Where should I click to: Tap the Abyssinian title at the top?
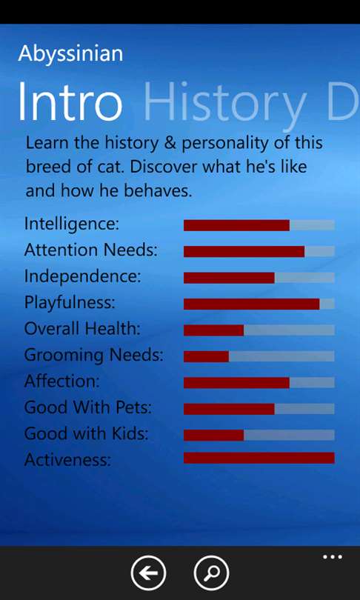click(70, 54)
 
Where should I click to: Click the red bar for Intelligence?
click(236, 225)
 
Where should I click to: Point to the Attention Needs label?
click(90, 250)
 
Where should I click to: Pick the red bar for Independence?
click(229, 278)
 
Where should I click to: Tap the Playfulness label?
click(70, 303)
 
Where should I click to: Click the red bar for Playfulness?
click(251, 304)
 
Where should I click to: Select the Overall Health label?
click(82, 328)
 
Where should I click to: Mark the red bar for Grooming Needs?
click(206, 356)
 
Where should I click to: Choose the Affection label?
click(61, 381)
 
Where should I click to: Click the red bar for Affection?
click(236, 383)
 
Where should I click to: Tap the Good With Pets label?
click(87, 407)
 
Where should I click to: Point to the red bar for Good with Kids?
click(213, 435)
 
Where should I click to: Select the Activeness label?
click(67, 459)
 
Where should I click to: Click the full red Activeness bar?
click(259, 458)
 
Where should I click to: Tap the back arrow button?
click(148, 573)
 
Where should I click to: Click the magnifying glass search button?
click(212, 573)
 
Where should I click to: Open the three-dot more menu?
click(333, 557)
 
